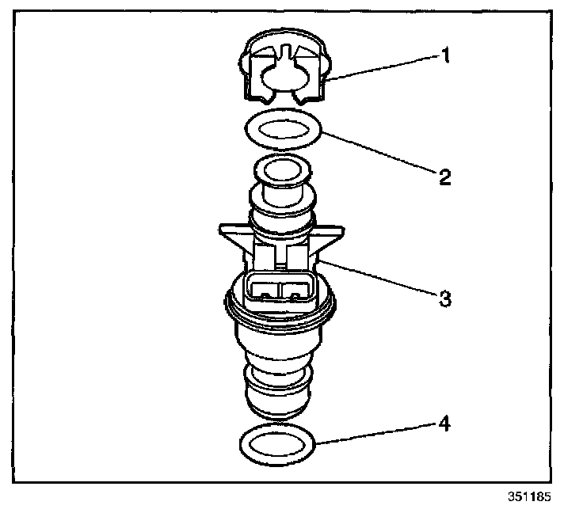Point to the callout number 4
tap(445, 425)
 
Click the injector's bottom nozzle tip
tap(278, 404)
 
